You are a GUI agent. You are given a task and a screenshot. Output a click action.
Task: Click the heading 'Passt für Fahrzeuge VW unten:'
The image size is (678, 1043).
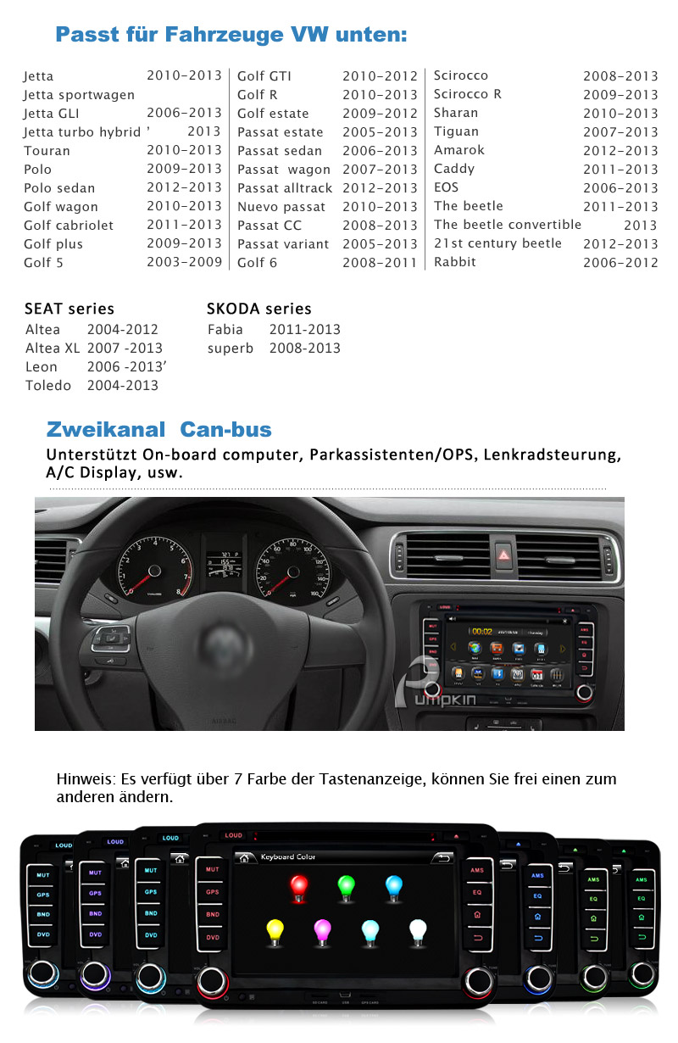(x=231, y=35)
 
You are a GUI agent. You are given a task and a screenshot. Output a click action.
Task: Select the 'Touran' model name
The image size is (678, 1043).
(x=47, y=151)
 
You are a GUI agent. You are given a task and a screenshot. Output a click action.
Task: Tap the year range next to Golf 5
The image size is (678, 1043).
(x=184, y=262)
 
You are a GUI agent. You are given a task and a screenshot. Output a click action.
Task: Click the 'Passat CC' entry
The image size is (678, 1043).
(x=269, y=226)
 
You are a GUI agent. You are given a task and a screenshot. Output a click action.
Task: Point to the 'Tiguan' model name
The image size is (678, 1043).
(x=456, y=131)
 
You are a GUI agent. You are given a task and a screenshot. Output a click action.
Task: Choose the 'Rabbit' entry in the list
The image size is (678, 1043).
(x=454, y=262)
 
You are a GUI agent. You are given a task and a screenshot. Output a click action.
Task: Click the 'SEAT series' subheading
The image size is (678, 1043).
(x=69, y=309)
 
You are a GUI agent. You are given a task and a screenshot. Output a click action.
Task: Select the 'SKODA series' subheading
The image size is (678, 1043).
(x=258, y=309)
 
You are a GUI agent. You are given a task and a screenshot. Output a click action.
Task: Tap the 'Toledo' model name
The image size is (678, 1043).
(x=48, y=385)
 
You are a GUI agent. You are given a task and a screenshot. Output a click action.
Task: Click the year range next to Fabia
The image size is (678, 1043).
(x=304, y=329)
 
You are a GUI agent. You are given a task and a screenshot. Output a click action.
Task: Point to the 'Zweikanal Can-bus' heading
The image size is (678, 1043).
(x=158, y=429)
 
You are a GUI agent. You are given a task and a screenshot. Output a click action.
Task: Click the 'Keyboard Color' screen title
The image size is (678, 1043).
(x=287, y=857)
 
